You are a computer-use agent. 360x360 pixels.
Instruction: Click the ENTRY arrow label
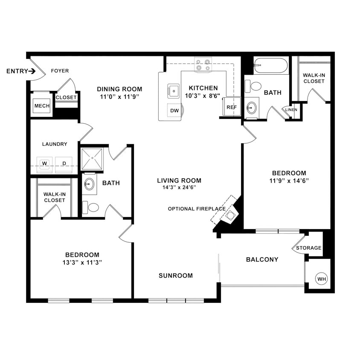coord(21,71)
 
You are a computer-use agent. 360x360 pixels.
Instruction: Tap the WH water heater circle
coord(322,279)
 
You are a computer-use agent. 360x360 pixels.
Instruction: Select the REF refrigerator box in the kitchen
coord(231,107)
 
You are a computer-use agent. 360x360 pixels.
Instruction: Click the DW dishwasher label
coord(174,110)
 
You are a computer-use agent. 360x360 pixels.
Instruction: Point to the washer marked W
coord(44,163)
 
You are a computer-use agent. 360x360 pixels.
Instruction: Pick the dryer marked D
coord(64,163)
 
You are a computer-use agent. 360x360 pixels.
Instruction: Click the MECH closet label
coord(42,106)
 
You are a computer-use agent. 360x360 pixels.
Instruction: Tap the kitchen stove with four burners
coord(203,65)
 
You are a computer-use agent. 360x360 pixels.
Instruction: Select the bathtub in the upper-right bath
coord(271,66)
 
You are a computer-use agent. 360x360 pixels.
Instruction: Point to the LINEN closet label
coord(291,110)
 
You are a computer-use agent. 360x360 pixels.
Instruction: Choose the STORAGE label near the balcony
coord(308,248)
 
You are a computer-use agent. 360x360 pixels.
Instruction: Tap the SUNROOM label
coord(176,276)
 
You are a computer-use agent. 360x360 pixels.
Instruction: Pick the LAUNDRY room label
coord(55,144)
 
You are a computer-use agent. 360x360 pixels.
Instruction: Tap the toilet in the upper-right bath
coord(256,86)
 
